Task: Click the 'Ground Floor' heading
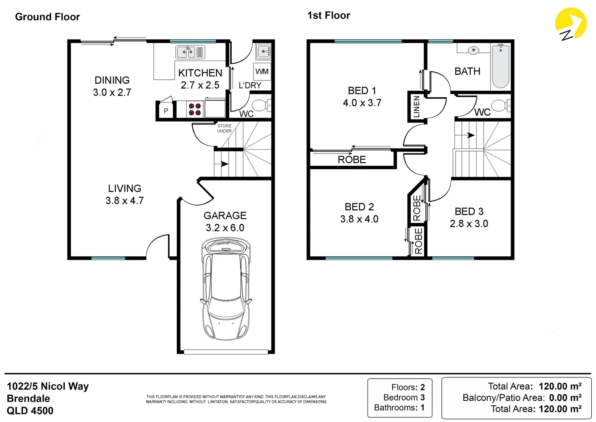point(47,17)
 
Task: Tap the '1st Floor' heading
point(328,16)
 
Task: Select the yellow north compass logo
point(570,25)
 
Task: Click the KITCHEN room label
point(200,73)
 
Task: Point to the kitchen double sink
point(190,52)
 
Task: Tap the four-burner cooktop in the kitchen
point(195,109)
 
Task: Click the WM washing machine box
point(262,72)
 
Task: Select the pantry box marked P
point(166,111)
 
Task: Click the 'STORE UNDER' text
point(224,129)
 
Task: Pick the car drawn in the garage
point(225,289)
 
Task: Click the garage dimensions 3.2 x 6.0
point(225,228)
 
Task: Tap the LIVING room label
point(124,188)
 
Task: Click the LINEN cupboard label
point(417,107)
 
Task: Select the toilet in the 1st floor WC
point(501,105)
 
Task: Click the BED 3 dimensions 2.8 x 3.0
point(469,224)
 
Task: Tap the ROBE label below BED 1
point(352,160)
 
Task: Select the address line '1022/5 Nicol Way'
point(48,386)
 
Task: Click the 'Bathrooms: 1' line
point(399,408)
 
